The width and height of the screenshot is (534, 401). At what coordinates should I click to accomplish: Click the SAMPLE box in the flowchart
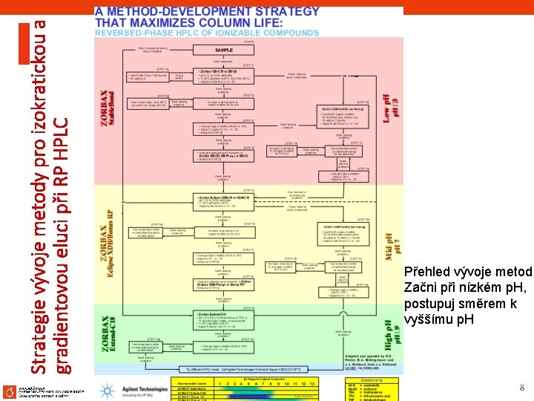223,50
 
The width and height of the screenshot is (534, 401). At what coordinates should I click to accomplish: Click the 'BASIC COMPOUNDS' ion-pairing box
346,117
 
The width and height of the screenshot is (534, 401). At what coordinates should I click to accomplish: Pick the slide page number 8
521,388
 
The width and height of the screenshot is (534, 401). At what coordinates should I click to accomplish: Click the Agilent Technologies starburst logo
108,390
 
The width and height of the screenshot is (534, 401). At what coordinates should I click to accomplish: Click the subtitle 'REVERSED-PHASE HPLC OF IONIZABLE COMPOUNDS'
206,33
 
